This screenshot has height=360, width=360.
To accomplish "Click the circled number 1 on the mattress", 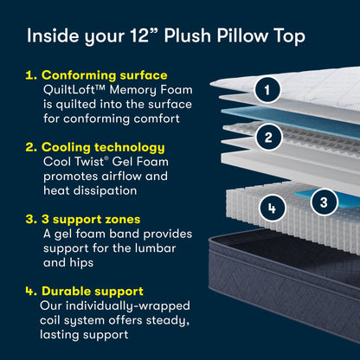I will (268, 89).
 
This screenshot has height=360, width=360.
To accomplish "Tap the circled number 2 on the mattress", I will (269, 136).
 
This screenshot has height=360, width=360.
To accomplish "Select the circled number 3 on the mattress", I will (323, 202).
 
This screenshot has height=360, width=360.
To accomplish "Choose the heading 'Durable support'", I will (98, 292).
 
